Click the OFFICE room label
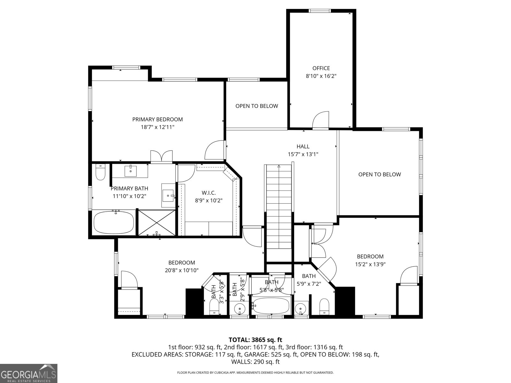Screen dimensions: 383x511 [321, 68]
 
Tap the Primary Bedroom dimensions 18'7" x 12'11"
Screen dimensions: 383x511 [157, 127]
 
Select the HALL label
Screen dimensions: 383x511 [303, 146]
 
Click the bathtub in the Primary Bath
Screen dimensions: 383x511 [114, 223]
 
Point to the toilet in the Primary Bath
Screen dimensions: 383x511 [100, 172]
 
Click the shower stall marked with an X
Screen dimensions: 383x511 [156, 222]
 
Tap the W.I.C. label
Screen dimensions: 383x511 [209, 193]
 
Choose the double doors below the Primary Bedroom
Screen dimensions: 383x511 [162, 157]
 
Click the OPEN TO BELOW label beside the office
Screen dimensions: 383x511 [257, 106]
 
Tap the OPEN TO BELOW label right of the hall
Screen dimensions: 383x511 [379, 174]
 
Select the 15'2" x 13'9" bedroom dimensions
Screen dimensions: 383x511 [370, 264]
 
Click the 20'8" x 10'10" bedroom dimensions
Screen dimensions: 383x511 [181, 270]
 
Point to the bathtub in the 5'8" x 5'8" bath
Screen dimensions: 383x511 [271, 306]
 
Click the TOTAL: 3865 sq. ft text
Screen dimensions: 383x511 [256, 340]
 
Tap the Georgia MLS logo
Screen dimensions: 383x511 [28, 373]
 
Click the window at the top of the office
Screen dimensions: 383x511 [320, 11]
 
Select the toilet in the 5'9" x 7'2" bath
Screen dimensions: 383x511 [324, 306]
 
